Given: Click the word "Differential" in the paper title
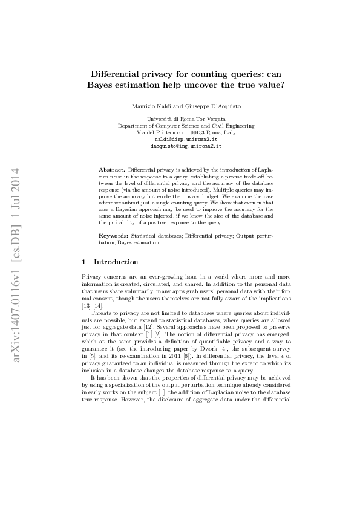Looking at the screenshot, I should click(x=114, y=73).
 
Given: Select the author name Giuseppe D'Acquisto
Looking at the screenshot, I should click(x=205, y=106).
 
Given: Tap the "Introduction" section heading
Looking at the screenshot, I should click(x=116, y=262).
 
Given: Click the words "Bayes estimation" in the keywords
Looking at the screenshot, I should click(x=139, y=242).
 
